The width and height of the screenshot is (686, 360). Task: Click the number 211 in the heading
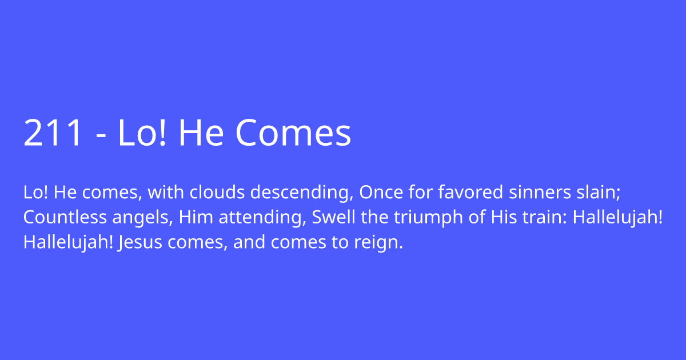[x=53, y=133]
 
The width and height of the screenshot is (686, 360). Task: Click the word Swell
[x=330, y=218]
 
